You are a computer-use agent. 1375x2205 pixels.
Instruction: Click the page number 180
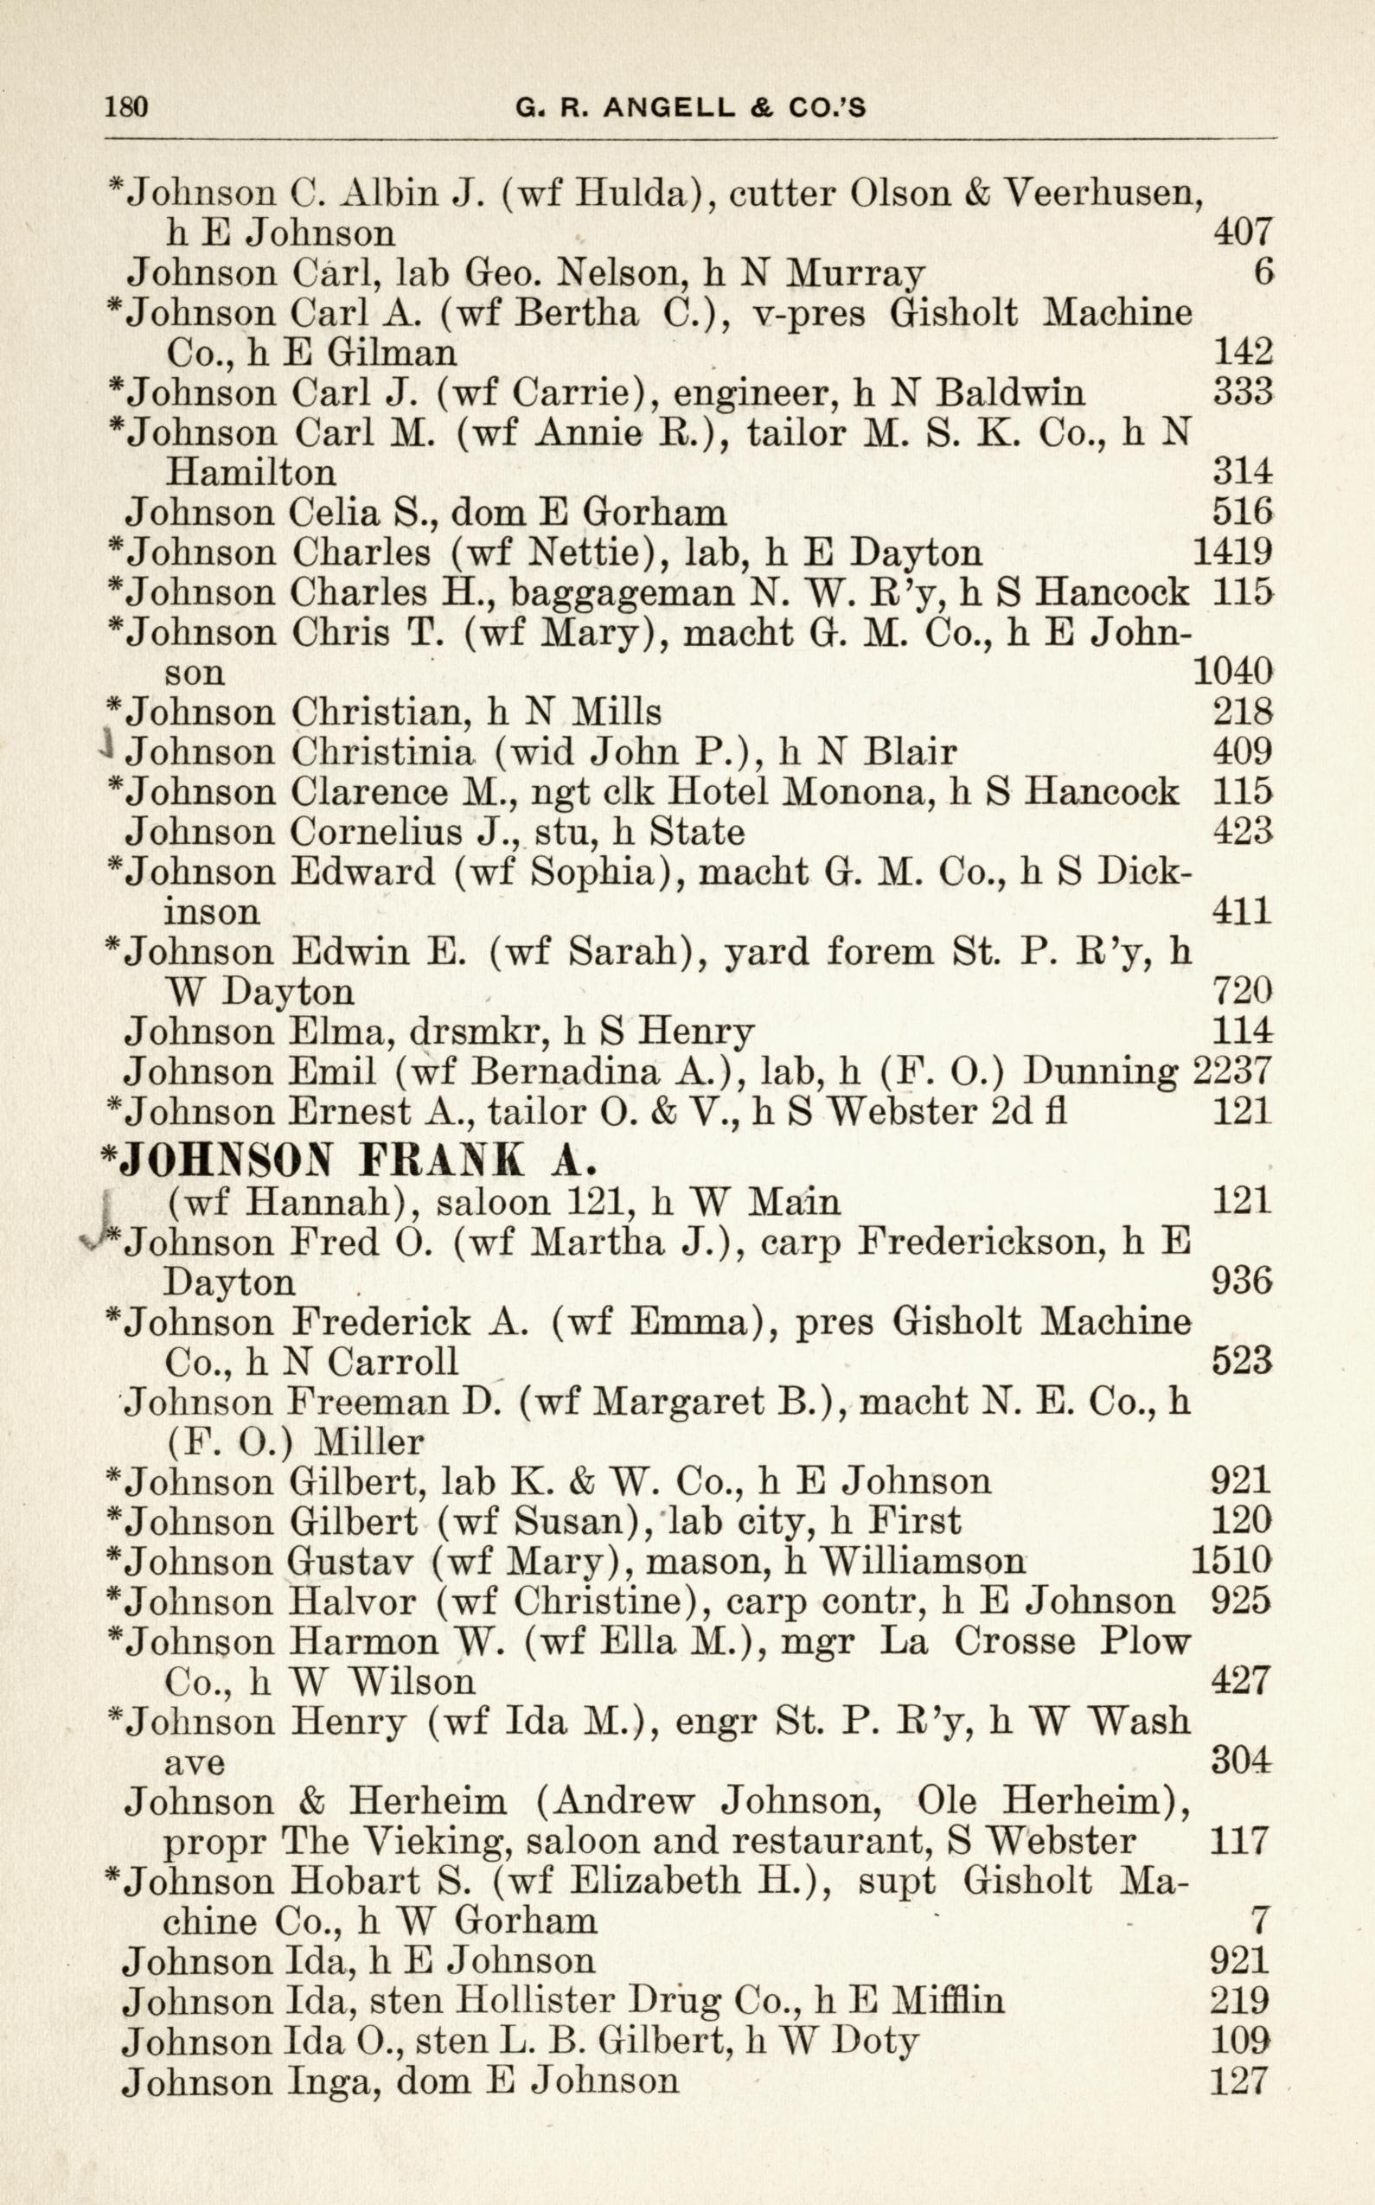coord(126,108)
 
